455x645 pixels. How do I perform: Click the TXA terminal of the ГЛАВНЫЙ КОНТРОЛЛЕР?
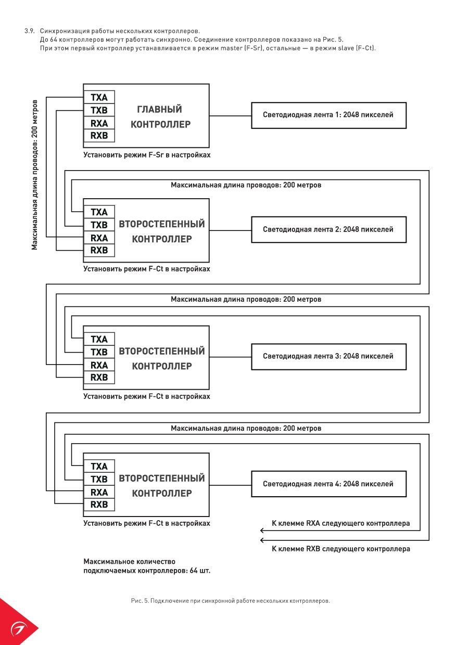click(x=99, y=97)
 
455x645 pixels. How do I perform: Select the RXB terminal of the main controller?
click(x=99, y=135)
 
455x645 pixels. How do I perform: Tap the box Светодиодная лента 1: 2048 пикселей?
click(x=329, y=115)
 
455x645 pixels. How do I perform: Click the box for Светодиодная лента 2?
click(x=329, y=229)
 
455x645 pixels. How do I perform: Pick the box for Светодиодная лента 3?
click(x=329, y=356)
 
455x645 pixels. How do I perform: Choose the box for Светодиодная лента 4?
click(x=329, y=484)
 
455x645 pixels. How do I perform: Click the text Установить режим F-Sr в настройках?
click(x=147, y=155)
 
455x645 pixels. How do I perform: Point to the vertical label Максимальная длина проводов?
click(x=34, y=175)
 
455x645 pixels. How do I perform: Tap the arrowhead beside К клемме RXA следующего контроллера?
click(x=262, y=531)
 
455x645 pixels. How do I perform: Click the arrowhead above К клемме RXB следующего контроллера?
click(x=262, y=540)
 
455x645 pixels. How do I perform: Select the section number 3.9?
click(x=30, y=31)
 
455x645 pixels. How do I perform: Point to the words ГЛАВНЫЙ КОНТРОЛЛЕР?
click(x=160, y=117)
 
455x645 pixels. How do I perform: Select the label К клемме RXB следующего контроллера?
click(x=341, y=549)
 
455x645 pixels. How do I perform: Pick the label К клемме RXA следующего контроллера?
click(x=341, y=523)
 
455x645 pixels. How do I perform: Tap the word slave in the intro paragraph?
click(x=346, y=48)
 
